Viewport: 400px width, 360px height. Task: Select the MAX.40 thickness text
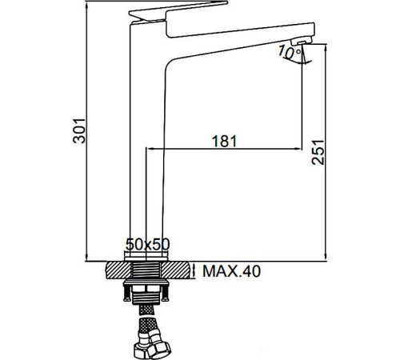coord(230,272)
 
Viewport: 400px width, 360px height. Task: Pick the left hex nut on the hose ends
coord(137,347)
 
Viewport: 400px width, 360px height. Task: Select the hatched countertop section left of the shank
coord(117,270)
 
